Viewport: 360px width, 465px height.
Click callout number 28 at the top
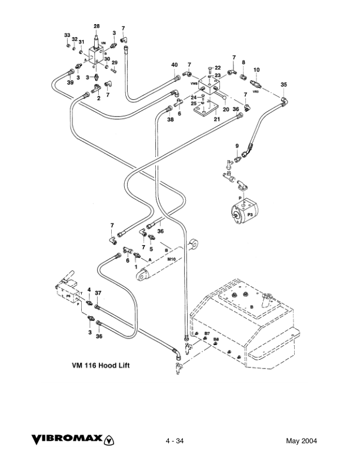tap(96, 26)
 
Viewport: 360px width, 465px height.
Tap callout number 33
tap(67, 36)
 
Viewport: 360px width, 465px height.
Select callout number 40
tap(174, 65)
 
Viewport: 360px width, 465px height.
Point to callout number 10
tap(256, 70)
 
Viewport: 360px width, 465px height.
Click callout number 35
tap(284, 85)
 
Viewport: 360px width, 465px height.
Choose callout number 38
tap(170, 119)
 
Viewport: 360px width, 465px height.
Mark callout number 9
tap(237, 146)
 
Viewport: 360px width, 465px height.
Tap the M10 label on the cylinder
tap(172, 259)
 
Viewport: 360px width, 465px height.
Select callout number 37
tap(99, 293)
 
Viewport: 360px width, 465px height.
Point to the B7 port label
tap(206, 333)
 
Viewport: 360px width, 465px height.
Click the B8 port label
tap(216, 339)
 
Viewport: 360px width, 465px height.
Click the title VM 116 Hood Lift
tap(101, 365)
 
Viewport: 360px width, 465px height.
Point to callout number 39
tap(70, 83)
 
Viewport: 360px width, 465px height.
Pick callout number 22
tap(217, 68)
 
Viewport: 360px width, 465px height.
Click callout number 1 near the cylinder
tap(137, 267)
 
